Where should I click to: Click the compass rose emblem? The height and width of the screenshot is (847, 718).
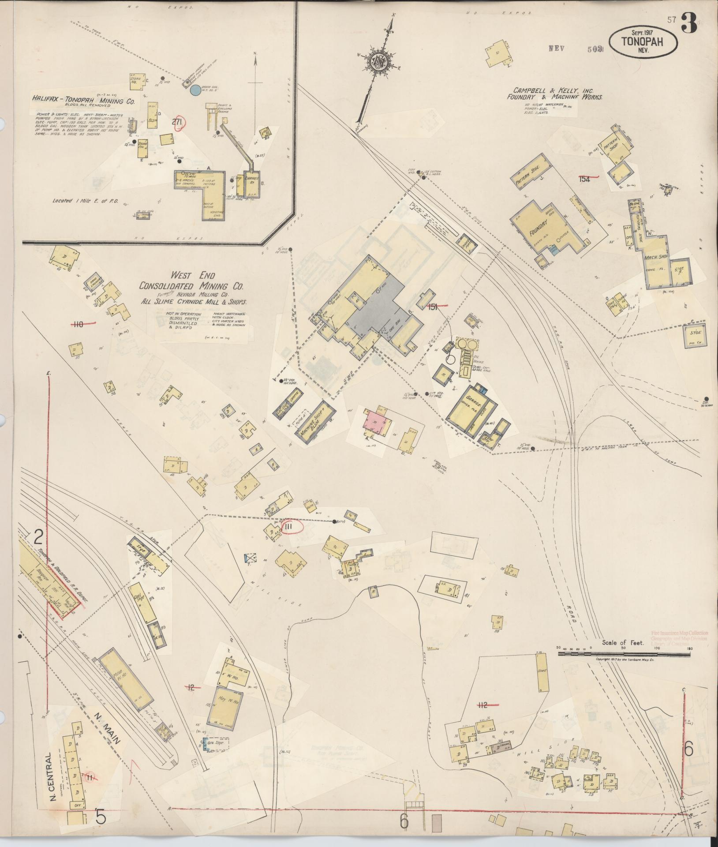coord(380,60)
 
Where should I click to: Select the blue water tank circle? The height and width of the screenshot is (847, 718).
coord(194,91)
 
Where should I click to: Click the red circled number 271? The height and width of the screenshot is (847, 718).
coord(178,124)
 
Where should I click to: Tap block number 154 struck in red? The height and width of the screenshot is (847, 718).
coord(585,179)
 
